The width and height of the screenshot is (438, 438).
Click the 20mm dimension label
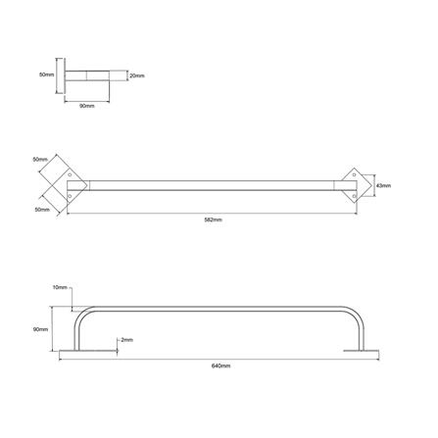tap(136, 74)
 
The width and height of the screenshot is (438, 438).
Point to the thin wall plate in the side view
tap(66, 75)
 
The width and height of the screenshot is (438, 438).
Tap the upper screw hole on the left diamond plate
tap(73, 176)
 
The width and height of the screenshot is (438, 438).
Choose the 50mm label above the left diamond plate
tap(40, 158)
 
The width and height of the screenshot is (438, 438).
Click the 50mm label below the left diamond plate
tap(40, 209)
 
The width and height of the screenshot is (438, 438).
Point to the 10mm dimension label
tap(60, 287)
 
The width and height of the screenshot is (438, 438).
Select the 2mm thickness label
tap(126, 339)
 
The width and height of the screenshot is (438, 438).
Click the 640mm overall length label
tap(219, 365)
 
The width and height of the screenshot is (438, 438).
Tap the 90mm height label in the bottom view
tap(40, 329)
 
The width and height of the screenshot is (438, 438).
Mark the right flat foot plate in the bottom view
tap(363, 350)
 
